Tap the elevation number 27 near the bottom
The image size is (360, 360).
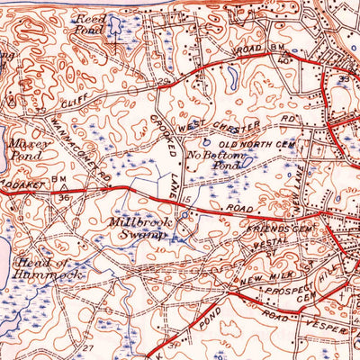pyautogui.click(x=86, y=346)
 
